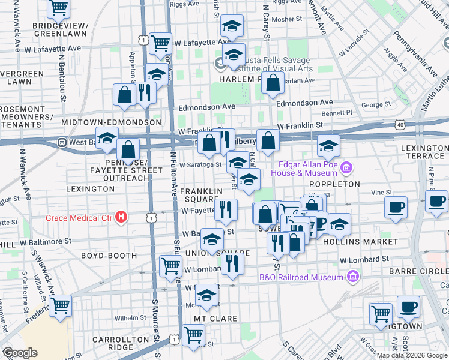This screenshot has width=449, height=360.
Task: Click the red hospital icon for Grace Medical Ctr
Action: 122,217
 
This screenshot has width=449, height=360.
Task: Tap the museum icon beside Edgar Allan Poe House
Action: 345,166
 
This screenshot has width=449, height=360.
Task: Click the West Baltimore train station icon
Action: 61,143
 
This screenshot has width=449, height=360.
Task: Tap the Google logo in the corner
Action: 20,353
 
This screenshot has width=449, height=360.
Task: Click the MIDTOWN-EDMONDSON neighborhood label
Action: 111,122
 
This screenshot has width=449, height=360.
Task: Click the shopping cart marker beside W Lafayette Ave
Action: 160,43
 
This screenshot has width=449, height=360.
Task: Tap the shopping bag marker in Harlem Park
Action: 273,84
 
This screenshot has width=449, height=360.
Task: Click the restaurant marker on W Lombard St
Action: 232,262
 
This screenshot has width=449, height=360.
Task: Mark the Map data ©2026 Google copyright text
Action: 412,355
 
